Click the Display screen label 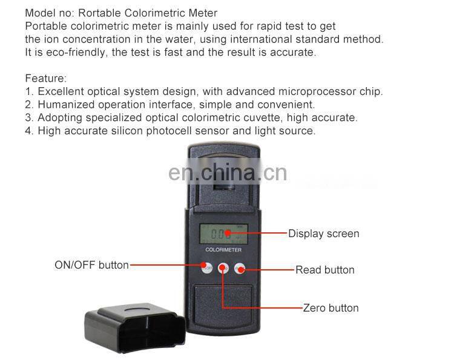[323, 234]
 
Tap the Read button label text [324, 270]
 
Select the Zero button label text [331, 308]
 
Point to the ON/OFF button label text [91, 265]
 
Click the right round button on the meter [240, 269]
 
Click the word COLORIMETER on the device [223, 250]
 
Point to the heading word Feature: [46, 79]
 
